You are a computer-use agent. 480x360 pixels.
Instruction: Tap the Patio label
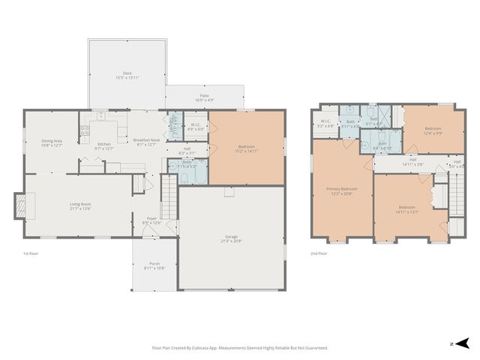pos(204,97)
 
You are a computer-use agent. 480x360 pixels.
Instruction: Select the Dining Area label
pos(52,142)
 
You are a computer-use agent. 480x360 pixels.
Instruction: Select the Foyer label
pos(151,220)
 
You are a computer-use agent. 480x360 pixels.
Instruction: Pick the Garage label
pos(231,240)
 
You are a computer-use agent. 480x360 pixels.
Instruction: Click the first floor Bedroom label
pos(246,148)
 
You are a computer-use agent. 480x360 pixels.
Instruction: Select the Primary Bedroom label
pos(341,190)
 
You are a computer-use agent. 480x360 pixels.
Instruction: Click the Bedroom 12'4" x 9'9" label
pos(433,130)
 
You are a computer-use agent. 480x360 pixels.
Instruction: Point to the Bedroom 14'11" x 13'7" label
pos(406,208)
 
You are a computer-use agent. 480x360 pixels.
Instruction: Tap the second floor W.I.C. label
pos(325,123)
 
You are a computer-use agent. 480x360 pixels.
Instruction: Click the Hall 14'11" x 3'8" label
pos(412,162)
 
